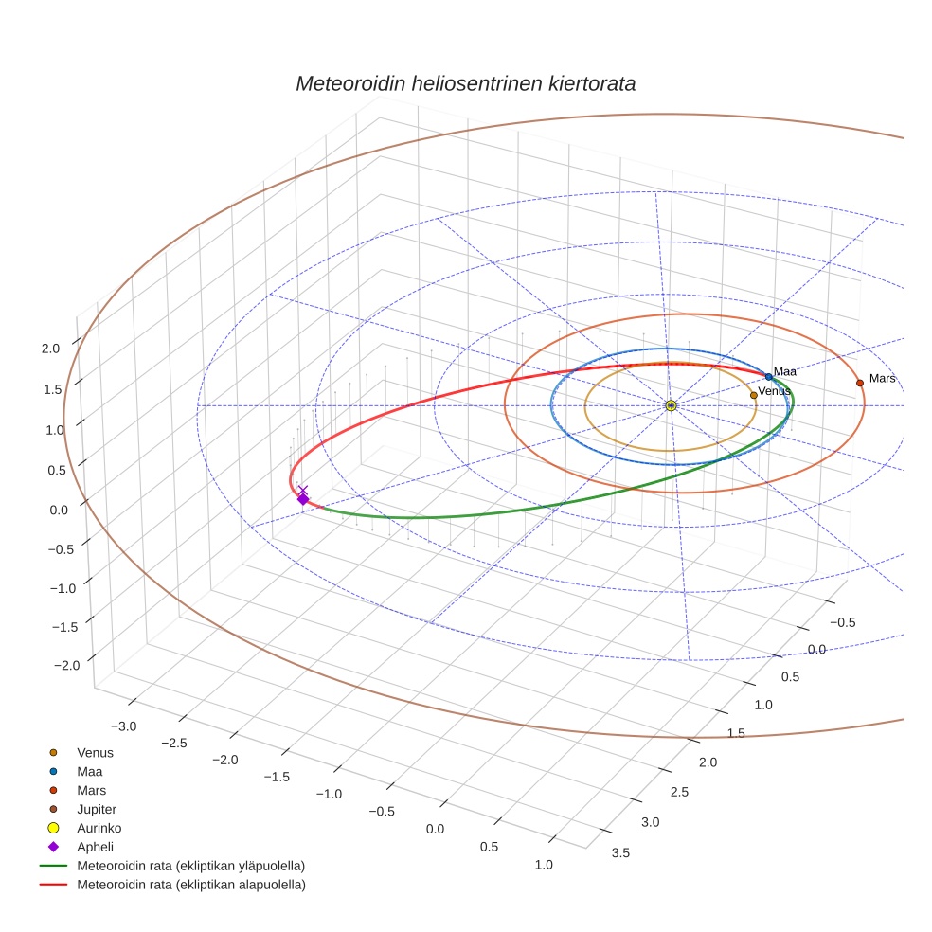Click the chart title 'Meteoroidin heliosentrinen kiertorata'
tap(465, 83)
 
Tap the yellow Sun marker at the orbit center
tap(671, 405)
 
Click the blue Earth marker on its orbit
tap(768, 377)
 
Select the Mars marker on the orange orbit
tap(860, 383)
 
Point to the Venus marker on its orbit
tap(753, 395)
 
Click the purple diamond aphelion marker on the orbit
tap(303, 498)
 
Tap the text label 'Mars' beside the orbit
tap(882, 379)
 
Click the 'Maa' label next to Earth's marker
tap(784, 372)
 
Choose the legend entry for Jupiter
tap(97, 809)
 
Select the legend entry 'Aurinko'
tap(99, 828)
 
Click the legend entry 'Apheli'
tap(94, 847)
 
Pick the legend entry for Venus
tap(95, 752)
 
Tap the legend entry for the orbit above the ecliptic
tap(190, 866)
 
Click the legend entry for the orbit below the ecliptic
tap(190, 885)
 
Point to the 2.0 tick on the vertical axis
tap(51, 349)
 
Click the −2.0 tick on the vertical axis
tap(66, 666)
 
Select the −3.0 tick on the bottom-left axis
tap(123, 726)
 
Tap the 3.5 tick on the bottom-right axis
tap(621, 852)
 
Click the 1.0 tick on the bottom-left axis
tap(544, 864)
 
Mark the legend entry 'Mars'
tap(91, 790)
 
